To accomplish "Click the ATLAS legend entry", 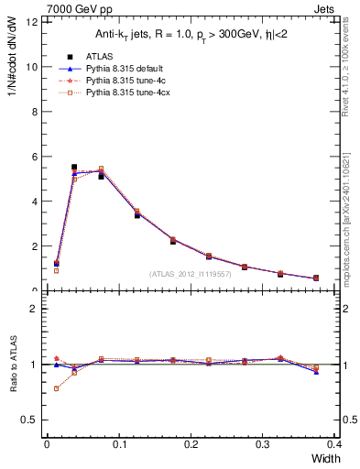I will pos(101,55).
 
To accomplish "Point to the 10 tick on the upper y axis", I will pos(32,67).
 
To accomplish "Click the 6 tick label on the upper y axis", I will pos(35,157).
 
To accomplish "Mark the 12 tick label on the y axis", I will pos(32,22).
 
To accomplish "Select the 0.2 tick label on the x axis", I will pos(191,445).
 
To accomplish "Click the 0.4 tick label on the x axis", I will pos(334,445).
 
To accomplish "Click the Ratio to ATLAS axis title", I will pos(14,364).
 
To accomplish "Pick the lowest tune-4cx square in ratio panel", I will pos(56,388).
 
